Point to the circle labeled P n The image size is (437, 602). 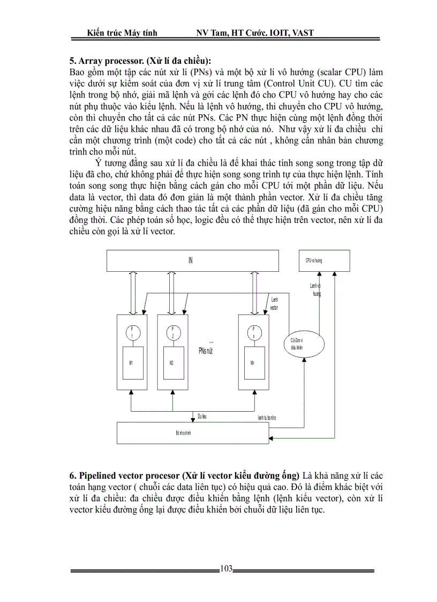[x=253, y=332]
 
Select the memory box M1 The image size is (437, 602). [x=131, y=363]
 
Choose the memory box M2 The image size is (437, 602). [x=171, y=363]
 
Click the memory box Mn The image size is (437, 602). [x=252, y=363]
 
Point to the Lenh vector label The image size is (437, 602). [x=274, y=304]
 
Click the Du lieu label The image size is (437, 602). [x=202, y=416]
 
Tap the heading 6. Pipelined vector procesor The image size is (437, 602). [x=185, y=475]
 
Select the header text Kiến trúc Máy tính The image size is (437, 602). [x=122, y=33]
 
